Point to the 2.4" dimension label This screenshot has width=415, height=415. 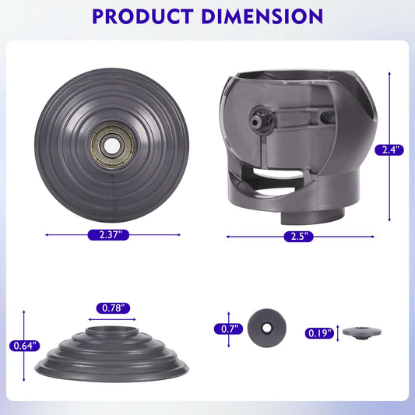click(389, 150)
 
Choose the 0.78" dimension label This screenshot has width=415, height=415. click(113, 308)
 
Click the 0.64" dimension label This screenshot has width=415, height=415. click(26, 346)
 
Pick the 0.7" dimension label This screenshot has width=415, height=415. click(228, 329)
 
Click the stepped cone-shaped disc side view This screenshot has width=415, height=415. click(113, 351)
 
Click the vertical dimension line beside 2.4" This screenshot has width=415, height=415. click(389, 109)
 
